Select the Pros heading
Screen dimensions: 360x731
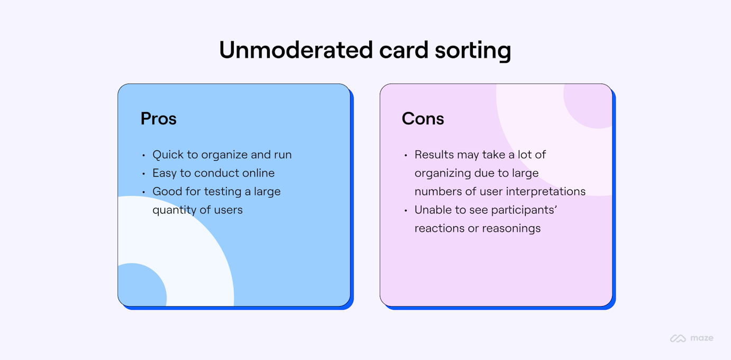159,118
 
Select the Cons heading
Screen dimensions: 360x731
423,118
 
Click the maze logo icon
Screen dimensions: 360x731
678,338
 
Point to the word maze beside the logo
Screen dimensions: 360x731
702,338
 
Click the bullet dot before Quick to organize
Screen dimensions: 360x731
143,155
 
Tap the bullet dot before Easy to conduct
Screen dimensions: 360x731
143,174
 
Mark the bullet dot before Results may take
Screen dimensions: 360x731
406,155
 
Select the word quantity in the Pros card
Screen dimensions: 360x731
173,210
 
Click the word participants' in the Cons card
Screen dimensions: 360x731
524,210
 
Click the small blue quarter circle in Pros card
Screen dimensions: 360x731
140,287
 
